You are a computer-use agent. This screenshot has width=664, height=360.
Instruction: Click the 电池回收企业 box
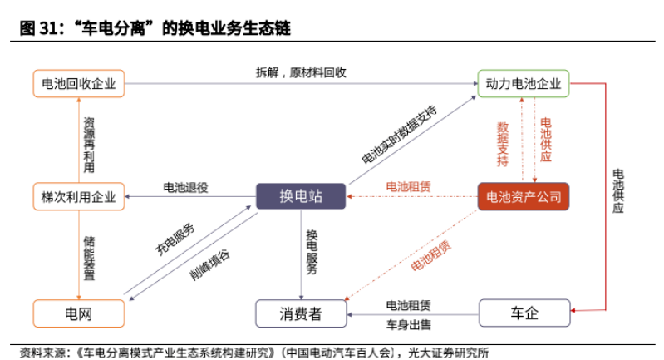pos(78,83)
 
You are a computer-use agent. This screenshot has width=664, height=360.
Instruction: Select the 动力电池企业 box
pos(524,83)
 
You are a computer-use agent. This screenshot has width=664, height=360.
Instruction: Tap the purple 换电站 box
pos(301,197)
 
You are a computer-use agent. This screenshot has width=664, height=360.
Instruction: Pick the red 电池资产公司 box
pos(524,197)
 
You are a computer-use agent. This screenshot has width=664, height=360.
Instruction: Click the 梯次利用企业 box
pos(78,197)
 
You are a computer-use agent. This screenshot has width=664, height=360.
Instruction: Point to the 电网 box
pos(78,313)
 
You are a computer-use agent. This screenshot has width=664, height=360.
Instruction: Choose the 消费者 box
pos(301,313)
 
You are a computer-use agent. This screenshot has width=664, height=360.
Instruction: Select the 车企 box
pos(524,313)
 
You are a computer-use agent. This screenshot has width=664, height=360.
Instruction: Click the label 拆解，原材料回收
pos(301,72)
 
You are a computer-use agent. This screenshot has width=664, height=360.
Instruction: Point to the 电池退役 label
pos(184,187)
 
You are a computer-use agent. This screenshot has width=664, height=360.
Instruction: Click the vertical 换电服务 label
pos(311,252)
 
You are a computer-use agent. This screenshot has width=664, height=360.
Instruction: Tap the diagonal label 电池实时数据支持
pos(399,135)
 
